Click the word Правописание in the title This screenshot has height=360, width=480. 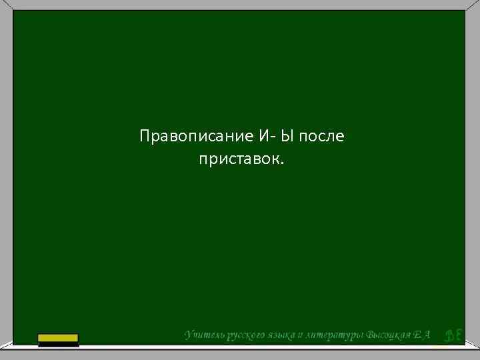[195, 137]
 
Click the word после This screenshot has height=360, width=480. [322, 137]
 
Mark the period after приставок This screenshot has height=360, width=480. [282, 163]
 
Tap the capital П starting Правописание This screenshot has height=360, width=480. [145, 137]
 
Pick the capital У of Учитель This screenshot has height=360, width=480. [188, 334]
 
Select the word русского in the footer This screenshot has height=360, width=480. [245, 335]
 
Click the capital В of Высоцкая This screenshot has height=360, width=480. [371, 334]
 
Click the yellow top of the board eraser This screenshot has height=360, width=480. [58, 337]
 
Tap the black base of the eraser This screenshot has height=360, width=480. [58, 344]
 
